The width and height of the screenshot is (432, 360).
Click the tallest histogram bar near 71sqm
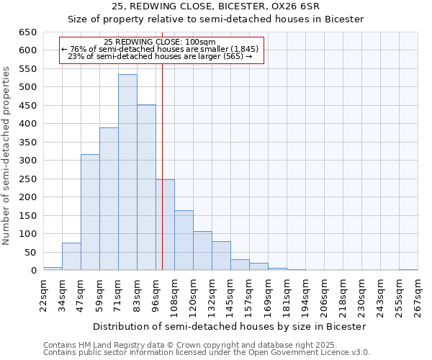pos(127,173)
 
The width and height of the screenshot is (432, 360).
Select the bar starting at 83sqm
pos(146,188)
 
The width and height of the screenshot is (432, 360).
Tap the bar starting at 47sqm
pos(90,212)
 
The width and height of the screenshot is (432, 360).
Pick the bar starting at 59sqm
pos(109,199)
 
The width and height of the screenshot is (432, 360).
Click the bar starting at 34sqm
pos(71,256)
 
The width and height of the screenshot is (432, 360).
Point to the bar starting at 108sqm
pos(184,240)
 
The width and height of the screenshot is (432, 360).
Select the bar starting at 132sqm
pos(221,256)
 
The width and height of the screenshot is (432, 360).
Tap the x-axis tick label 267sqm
pos(418,294)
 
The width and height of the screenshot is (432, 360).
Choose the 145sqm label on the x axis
pos(230,294)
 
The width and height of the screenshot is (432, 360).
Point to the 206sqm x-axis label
pos(324,294)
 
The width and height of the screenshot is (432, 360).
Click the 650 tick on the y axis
pos(28,32)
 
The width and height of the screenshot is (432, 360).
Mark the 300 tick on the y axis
pos(28,161)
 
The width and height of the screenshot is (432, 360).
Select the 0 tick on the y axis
pos(33,271)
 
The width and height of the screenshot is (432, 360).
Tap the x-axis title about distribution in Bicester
pos(230,326)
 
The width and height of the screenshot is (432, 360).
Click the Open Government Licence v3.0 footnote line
pos(207,353)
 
